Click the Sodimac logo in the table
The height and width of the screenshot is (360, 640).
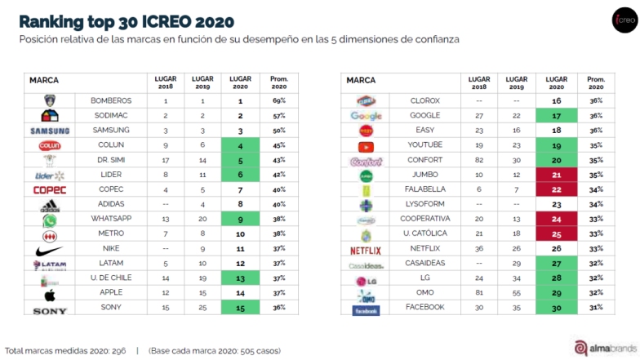coord(50,115)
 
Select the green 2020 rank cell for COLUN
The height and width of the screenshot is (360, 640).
coord(241,145)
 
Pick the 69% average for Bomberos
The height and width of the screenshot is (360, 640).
coord(278,100)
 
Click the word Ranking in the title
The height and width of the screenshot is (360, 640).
coord(50,20)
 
